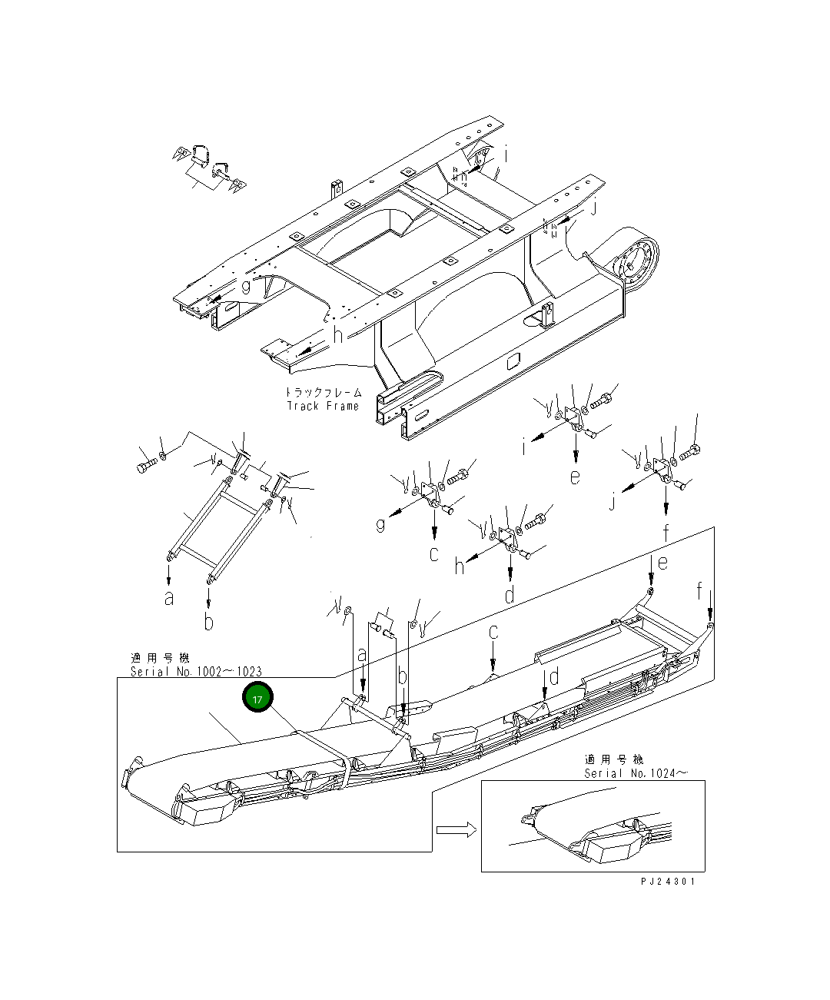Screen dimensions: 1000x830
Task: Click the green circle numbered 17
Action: pos(257,698)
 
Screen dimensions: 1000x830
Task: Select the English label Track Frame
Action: pos(323,406)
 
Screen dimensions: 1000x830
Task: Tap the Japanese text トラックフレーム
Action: pos(323,392)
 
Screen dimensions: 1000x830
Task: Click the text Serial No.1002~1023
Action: pos(196,672)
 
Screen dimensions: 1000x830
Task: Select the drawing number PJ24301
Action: pos(668,882)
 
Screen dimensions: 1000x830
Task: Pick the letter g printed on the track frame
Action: pos(245,287)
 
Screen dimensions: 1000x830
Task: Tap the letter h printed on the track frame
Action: pos(337,334)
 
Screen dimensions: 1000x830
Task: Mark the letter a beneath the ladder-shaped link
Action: pos(168,598)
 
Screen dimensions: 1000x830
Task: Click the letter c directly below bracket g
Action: pos(434,553)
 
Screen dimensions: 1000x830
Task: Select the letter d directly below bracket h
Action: pos(510,595)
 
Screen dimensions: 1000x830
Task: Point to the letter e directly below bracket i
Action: pos(575,477)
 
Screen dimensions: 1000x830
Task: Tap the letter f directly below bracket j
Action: pos(666,532)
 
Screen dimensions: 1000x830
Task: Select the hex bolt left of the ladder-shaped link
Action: pos(145,467)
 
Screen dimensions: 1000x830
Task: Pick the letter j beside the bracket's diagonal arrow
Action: pos(613,503)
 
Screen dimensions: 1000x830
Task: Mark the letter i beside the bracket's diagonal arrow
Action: pos(525,447)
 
